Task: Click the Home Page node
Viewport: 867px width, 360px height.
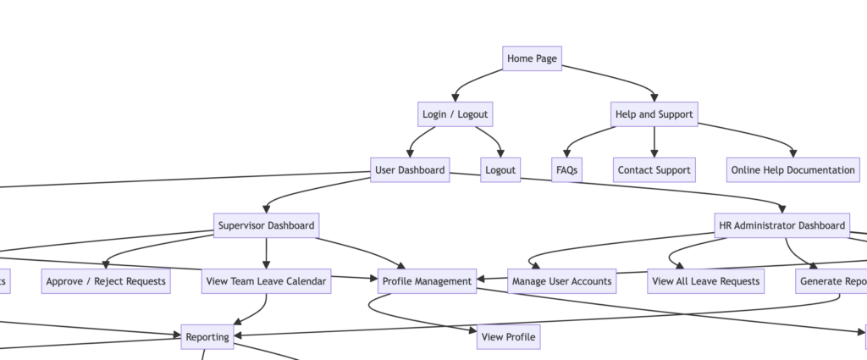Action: tap(532, 58)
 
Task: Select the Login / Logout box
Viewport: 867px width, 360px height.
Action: tap(455, 114)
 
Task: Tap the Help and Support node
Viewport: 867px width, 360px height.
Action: tap(654, 114)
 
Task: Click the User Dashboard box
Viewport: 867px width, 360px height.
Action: tap(410, 170)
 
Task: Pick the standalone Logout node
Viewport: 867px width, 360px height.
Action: tap(500, 170)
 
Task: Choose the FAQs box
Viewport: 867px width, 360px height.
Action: tap(566, 170)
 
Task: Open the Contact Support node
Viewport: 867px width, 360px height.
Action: tap(654, 170)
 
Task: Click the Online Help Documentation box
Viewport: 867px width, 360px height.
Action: tap(793, 170)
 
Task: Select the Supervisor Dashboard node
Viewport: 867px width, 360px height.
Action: tap(266, 225)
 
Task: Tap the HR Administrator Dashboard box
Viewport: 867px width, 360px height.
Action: tap(781, 225)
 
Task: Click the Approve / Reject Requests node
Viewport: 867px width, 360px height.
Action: tap(106, 281)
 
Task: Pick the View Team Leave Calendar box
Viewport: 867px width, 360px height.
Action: tap(266, 281)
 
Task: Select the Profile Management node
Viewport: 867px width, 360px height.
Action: tap(428, 281)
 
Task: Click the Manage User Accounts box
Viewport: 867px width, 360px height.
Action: tap(562, 281)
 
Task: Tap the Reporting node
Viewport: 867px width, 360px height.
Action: tap(207, 337)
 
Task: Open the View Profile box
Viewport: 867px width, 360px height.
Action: tap(508, 337)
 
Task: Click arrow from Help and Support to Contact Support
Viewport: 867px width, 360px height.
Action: tap(654, 141)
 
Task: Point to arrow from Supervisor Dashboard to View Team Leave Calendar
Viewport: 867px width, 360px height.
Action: tap(266, 253)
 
